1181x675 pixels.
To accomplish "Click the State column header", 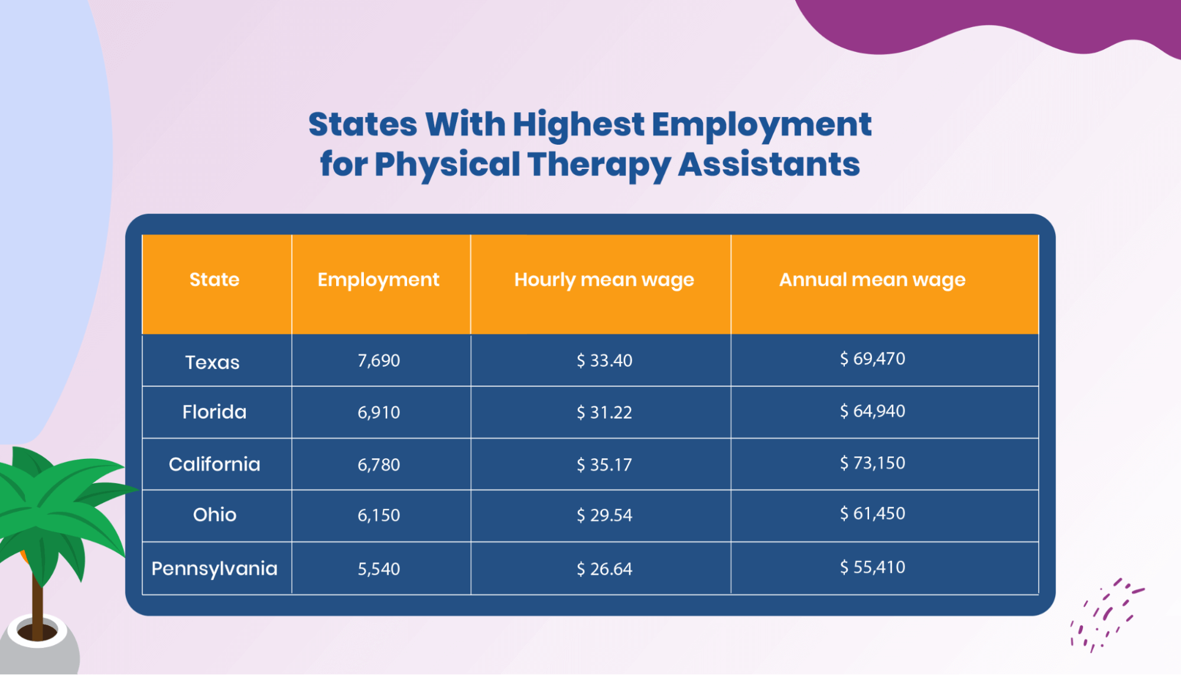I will (x=214, y=279).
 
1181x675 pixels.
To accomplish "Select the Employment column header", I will (x=378, y=279).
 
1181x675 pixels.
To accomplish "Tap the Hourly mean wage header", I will (x=604, y=279).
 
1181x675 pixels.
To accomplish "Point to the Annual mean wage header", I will (x=872, y=279).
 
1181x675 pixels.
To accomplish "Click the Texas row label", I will (x=213, y=362).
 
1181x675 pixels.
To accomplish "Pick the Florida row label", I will (x=214, y=412).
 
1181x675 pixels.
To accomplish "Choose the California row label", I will (x=214, y=464).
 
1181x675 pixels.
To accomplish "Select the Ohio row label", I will (x=214, y=515).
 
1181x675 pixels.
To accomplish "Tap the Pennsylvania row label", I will (x=214, y=568).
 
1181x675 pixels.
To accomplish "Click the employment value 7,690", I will (x=379, y=360).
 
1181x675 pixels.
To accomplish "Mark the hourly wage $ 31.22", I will (x=604, y=412).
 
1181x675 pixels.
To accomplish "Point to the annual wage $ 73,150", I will (x=873, y=463).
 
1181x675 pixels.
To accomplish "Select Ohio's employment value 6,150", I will (x=379, y=515).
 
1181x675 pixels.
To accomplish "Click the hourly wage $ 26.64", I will (x=604, y=569).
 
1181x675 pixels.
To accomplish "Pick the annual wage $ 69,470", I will (x=873, y=358).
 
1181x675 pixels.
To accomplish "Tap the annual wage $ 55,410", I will (x=873, y=567).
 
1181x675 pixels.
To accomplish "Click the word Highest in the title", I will (x=578, y=125).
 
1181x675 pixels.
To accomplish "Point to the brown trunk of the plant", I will (x=37, y=602).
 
